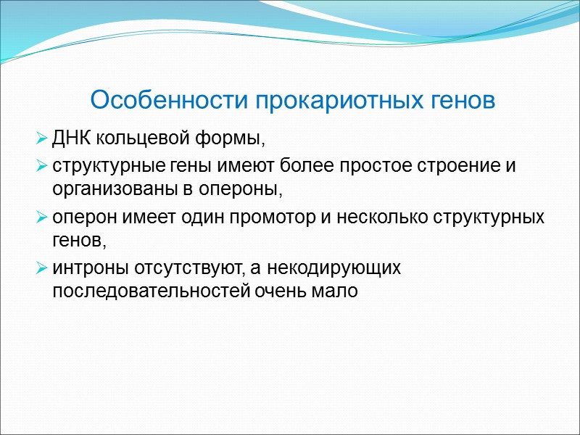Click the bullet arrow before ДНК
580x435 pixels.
click(41, 138)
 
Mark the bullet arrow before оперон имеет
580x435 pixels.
click(41, 218)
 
